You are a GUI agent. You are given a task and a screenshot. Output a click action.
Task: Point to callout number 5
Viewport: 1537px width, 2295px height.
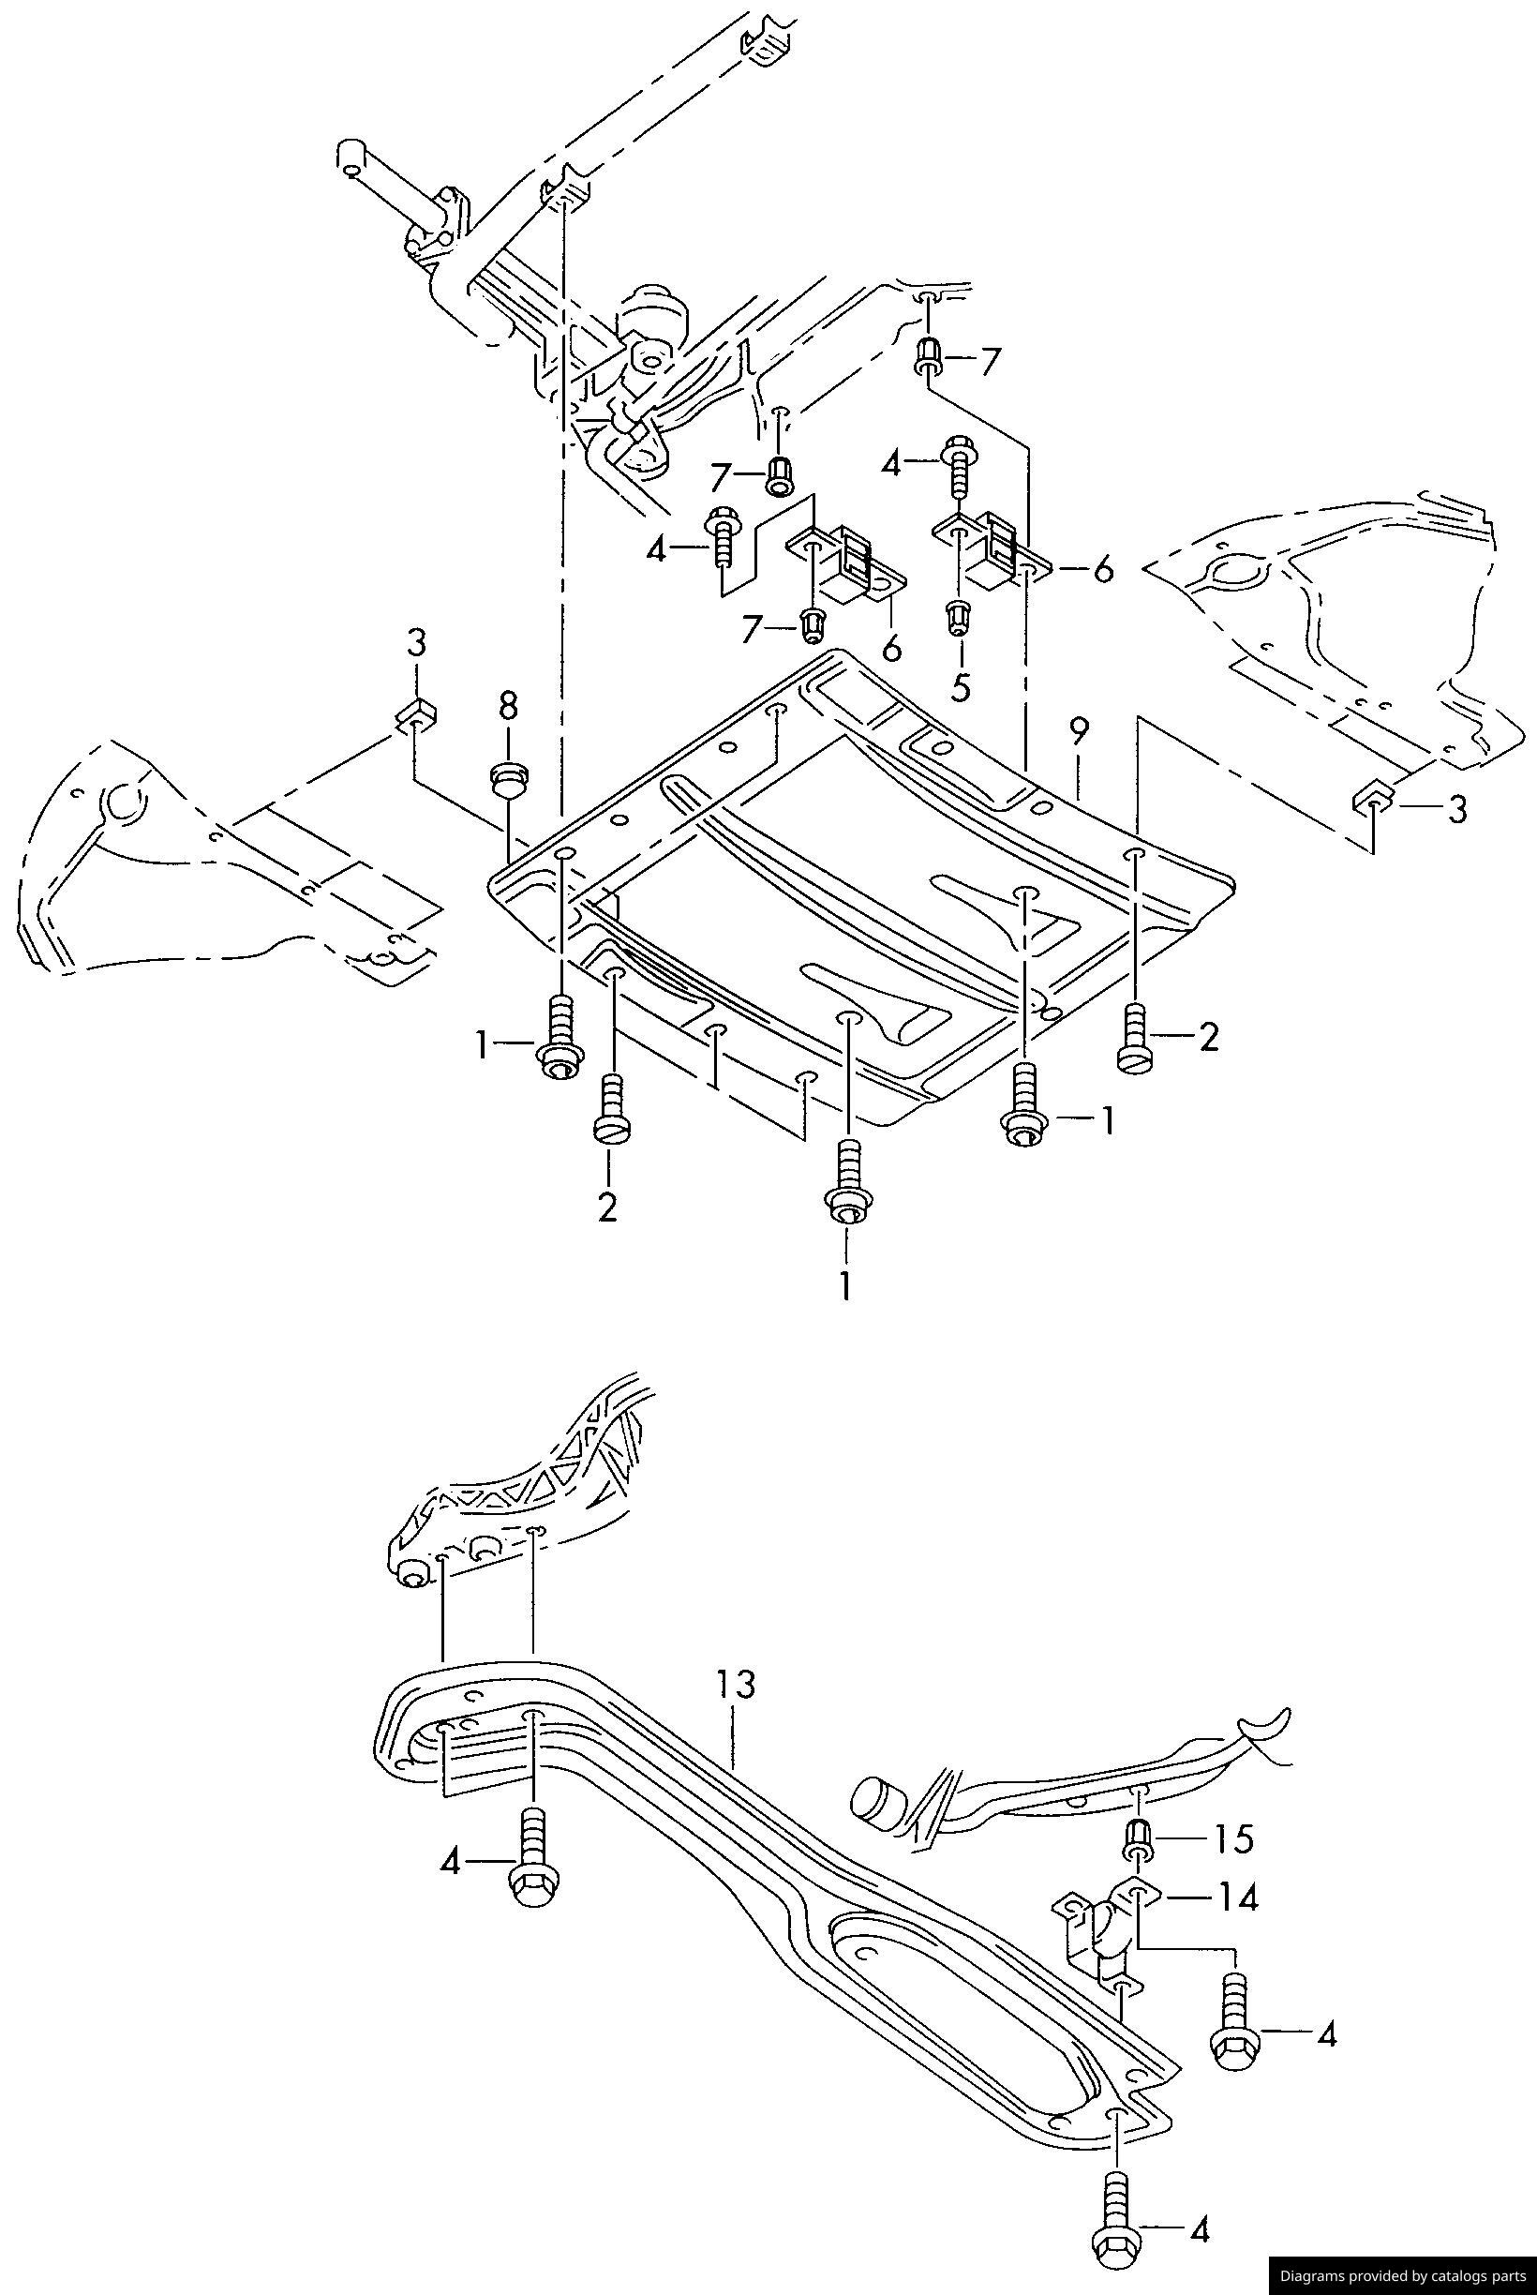961,687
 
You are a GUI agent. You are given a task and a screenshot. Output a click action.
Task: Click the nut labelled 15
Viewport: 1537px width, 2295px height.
1139,1837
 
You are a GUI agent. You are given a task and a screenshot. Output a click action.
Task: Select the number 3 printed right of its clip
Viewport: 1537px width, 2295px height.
1457,810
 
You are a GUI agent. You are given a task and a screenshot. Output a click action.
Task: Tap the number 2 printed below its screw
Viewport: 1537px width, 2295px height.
607,1207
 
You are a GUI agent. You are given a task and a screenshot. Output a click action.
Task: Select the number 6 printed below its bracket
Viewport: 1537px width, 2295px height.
892,648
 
